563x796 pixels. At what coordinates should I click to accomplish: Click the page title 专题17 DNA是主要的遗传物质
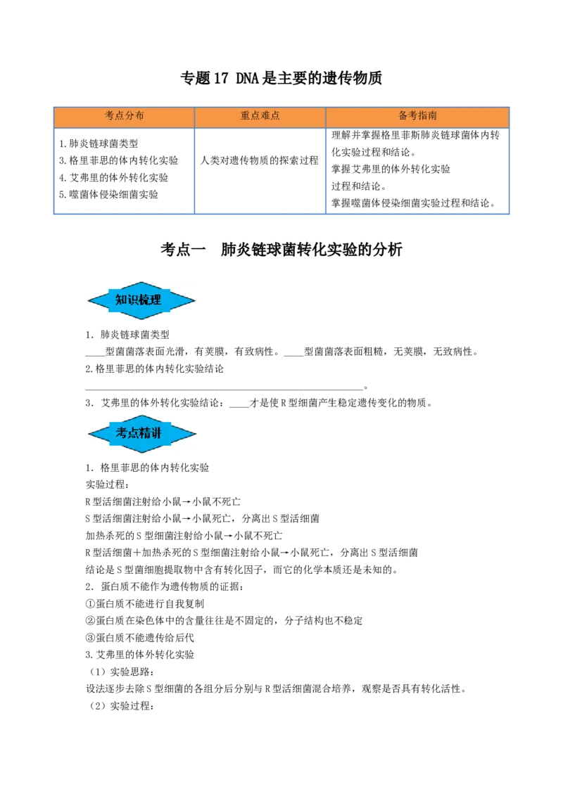(x=281, y=78)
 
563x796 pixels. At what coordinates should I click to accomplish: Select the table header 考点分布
(x=124, y=116)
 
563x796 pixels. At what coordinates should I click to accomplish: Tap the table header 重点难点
(x=260, y=116)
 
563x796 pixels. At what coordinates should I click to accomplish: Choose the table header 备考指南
(x=417, y=116)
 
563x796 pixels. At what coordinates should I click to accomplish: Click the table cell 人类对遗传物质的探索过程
(x=260, y=160)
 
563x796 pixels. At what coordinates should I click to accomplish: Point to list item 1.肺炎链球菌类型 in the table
(x=99, y=143)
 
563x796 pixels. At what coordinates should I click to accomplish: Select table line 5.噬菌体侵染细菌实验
(x=109, y=195)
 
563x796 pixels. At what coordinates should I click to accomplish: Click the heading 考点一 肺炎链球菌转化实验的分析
(x=281, y=250)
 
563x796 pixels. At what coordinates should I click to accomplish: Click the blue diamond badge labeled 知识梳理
(x=141, y=300)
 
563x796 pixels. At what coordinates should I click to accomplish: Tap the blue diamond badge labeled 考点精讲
(x=141, y=433)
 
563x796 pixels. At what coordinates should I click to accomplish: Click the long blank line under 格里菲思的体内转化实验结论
(x=224, y=388)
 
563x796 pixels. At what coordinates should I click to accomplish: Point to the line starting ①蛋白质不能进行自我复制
(x=145, y=603)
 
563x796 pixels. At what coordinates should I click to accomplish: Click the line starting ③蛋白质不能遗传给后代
(x=140, y=638)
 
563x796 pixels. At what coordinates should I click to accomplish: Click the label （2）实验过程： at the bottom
(x=120, y=705)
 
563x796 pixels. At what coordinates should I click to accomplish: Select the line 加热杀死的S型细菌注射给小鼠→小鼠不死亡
(x=184, y=536)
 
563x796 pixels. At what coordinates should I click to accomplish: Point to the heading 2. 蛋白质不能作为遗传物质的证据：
(x=165, y=586)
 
